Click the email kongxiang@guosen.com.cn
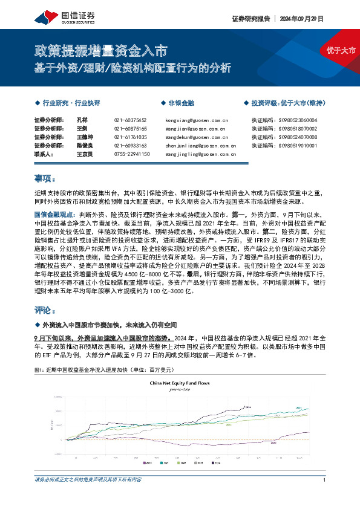pos(195,120)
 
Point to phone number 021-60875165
pos(130,129)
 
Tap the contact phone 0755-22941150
pos(131,154)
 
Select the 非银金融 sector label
pos(181,103)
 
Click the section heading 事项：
pos(45,179)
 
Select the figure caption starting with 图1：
pos(94,369)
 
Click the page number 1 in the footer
pos(325,480)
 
